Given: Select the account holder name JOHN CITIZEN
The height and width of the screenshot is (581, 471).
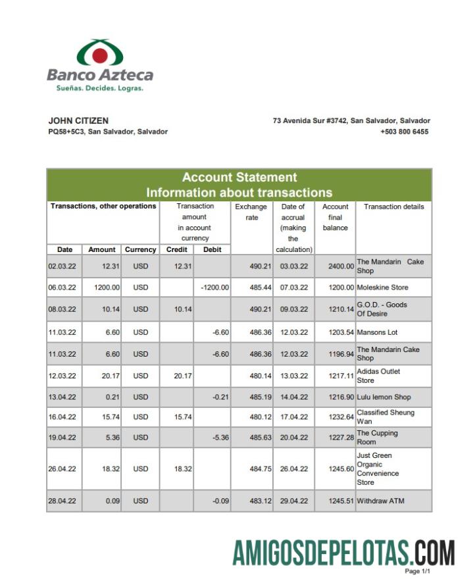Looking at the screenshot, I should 78,121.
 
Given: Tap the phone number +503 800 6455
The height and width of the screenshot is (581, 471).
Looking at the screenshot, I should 404,132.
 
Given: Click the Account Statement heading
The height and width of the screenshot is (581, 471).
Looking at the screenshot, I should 239,177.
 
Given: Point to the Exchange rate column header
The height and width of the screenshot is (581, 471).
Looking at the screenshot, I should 251,212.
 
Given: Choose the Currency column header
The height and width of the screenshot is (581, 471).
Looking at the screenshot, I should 141,249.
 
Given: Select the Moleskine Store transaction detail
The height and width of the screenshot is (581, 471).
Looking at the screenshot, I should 382,288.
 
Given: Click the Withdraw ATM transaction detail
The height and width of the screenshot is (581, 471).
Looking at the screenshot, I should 380,501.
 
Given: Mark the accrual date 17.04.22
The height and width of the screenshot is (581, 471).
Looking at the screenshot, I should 293,417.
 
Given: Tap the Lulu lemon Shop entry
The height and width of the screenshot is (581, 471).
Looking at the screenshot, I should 384,397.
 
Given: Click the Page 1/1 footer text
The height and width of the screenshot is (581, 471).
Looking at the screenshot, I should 417,571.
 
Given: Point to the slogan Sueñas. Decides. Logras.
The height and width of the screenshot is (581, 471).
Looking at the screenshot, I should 95,88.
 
